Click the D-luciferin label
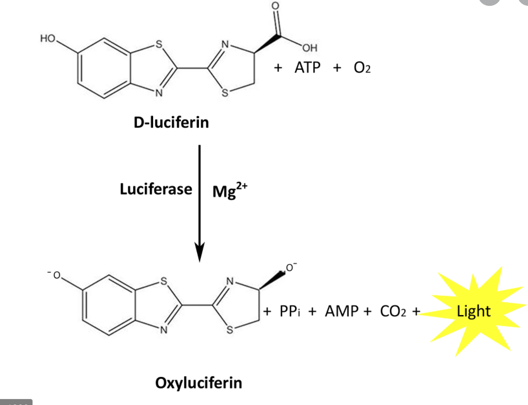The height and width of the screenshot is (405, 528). tap(171, 122)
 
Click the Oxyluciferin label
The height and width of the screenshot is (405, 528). tap(199, 382)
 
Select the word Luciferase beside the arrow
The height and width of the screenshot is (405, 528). tap(156, 189)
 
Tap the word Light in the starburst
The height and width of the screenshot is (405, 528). tap(474, 311)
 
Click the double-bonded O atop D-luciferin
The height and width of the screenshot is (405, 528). tap(276, 5)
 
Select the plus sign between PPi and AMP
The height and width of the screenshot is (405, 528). tap(312, 311)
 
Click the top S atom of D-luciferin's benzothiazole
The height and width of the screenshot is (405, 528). tap(159, 43)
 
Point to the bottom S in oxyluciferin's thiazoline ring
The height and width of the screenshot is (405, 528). tap(229, 331)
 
